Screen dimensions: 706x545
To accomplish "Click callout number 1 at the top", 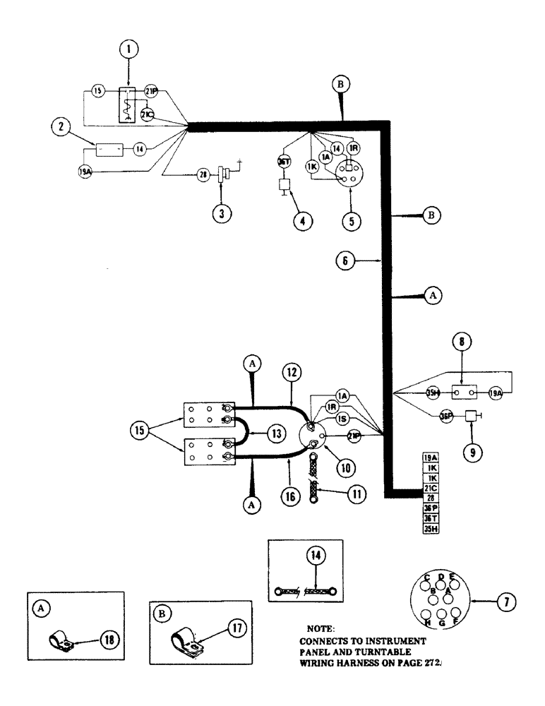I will point(129,50).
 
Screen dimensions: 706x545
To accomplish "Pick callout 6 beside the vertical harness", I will point(345,261).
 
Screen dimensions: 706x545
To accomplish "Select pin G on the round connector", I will point(443,621).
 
